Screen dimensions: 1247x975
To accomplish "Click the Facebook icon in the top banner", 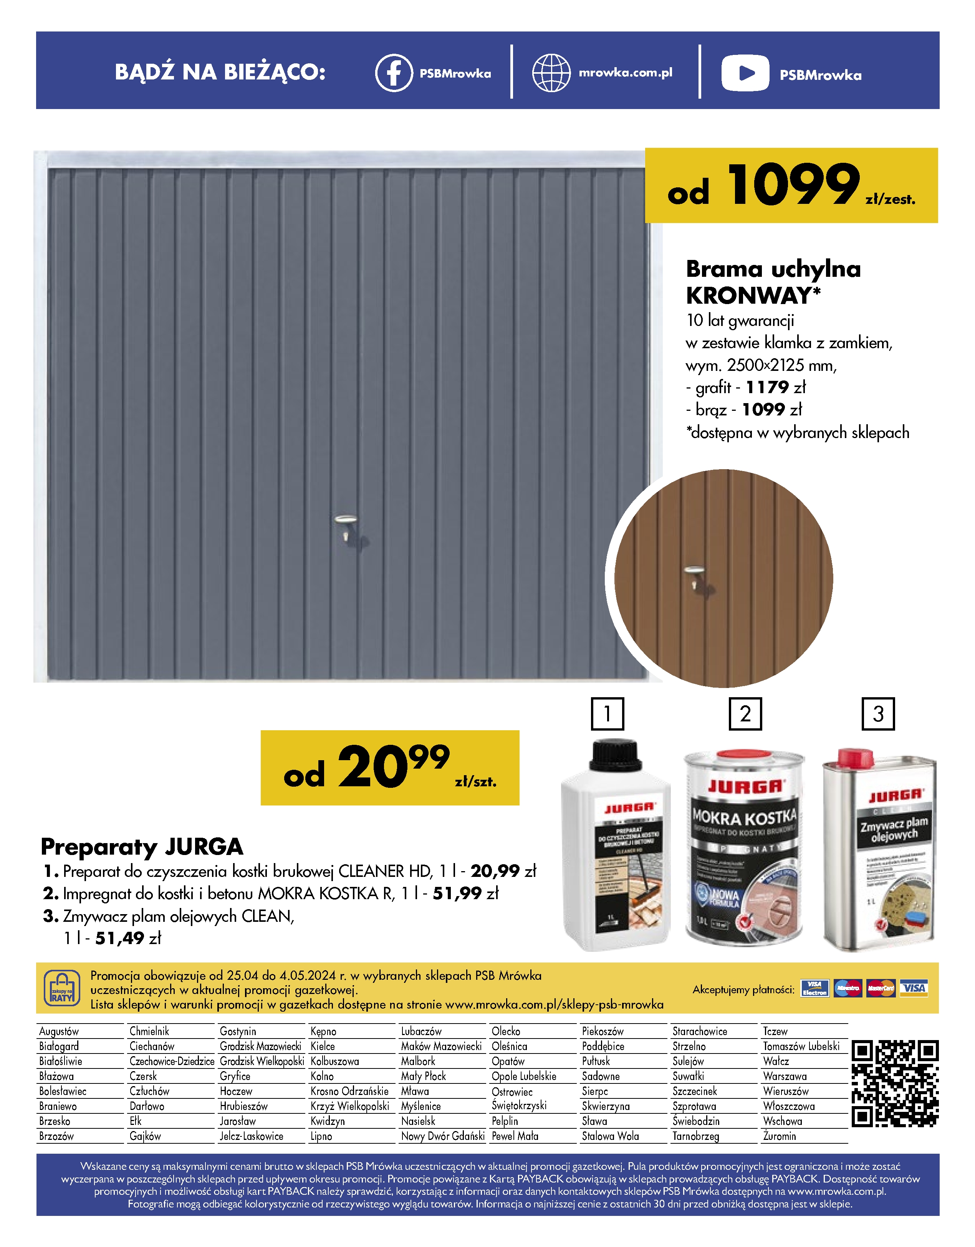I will (394, 73).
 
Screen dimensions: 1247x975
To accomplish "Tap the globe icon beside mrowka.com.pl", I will (551, 73).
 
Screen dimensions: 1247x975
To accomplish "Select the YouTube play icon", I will (745, 73).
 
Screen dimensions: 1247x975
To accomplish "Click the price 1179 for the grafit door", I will (767, 387).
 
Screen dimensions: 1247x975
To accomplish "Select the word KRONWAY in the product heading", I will (748, 296).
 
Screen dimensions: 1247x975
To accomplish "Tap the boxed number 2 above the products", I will (745, 714).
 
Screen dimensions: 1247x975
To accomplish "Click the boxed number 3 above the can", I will (878, 714).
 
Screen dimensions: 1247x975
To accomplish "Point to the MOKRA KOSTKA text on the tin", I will (744, 818).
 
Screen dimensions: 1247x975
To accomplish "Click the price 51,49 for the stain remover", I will (119, 938).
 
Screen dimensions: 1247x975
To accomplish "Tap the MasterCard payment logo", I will (880, 988).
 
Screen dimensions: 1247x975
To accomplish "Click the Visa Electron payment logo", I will (814, 988).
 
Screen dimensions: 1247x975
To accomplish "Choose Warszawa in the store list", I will (785, 1076).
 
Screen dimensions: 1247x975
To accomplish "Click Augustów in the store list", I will (59, 1031).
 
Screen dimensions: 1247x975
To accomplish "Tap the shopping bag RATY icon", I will (62, 988).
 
